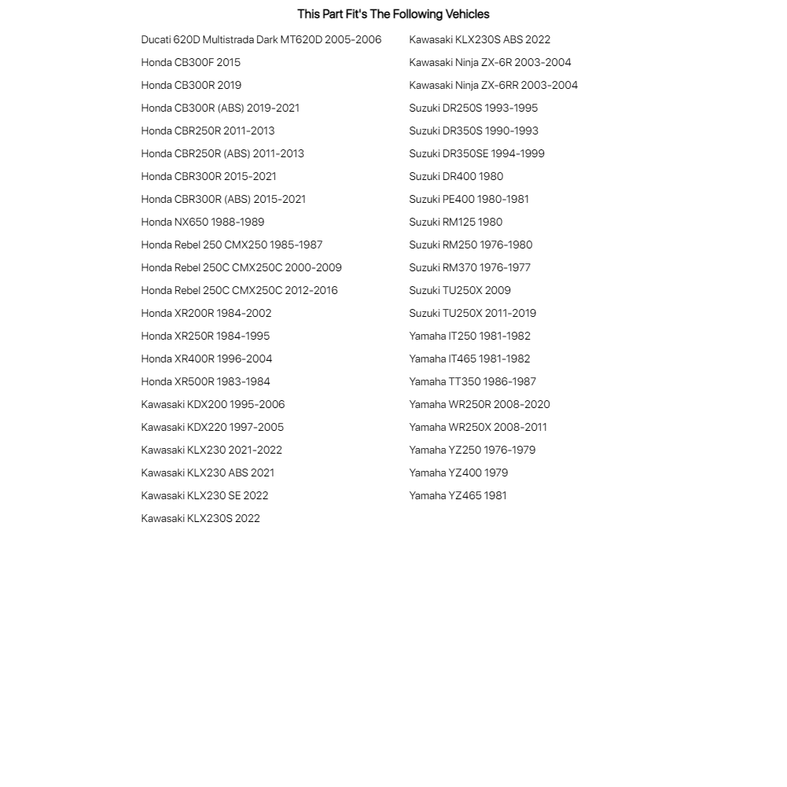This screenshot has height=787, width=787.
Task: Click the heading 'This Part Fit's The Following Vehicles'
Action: click(393, 14)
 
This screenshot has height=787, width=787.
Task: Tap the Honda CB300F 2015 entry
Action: click(191, 63)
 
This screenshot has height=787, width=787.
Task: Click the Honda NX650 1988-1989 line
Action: click(203, 222)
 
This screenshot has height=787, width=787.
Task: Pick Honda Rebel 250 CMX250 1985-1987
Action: click(232, 245)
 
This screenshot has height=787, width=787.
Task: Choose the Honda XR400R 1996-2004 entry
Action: click(207, 359)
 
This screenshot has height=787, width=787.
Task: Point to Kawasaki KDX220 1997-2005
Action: click(212, 428)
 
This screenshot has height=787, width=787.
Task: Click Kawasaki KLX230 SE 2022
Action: click(204, 496)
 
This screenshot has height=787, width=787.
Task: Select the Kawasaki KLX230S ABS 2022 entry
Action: click(480, 40)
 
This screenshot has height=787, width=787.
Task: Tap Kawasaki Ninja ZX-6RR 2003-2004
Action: click(493, 86)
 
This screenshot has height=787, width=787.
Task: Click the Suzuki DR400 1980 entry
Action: click(456, 177)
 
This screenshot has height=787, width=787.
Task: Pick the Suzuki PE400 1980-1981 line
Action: click(469, 200)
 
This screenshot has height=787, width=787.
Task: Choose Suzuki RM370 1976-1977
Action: click(469, 268)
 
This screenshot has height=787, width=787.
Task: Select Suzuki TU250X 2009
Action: click(460, 291)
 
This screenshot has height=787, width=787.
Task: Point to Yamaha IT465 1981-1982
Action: click(469, 359)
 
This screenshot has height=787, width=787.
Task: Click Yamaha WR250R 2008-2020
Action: click(480, 405)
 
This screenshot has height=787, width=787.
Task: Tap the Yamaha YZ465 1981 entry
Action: click(458, 496)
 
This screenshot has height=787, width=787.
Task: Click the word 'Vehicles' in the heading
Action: click(467, 14)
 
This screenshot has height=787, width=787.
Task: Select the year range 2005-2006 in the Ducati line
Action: click(353, 40)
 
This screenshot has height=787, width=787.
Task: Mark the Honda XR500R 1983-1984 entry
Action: click(205, 382)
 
